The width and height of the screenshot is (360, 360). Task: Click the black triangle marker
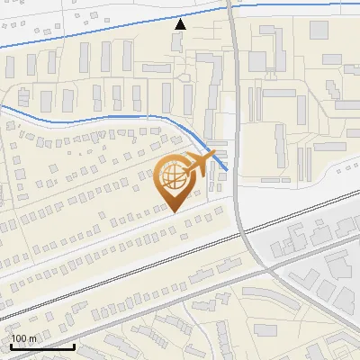click(181, 23)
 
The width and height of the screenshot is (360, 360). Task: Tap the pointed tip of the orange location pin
click(174, 211)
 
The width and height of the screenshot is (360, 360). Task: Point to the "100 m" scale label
click(23, 338)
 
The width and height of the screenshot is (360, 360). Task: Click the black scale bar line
click(41, 346)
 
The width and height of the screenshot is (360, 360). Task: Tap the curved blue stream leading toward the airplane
click(135, 116)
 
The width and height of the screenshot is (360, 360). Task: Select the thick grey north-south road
click(235, 135)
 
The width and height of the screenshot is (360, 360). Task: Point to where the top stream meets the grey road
click(229, 6)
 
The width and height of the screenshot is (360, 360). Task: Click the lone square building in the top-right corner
click(319, 30)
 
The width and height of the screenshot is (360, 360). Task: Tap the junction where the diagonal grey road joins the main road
click(267, 270)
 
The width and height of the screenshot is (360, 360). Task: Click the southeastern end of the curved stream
click(225, 168)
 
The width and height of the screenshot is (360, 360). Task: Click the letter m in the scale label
click(32, 338)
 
